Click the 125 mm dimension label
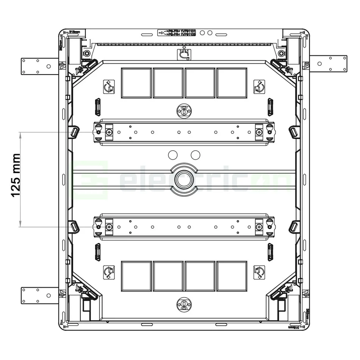coord(15,175)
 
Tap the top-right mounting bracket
coord(328,64)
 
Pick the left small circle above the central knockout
coord(172,155)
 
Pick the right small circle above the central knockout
coord(196,155)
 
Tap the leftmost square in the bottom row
coord(136,276)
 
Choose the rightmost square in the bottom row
coord(232,276)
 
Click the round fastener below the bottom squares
coord(184,305)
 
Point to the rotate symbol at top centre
coord(184,55)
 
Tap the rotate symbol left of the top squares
coord(109,88)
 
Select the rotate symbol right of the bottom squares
coord(259,272)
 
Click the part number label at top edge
coord(177,33)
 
